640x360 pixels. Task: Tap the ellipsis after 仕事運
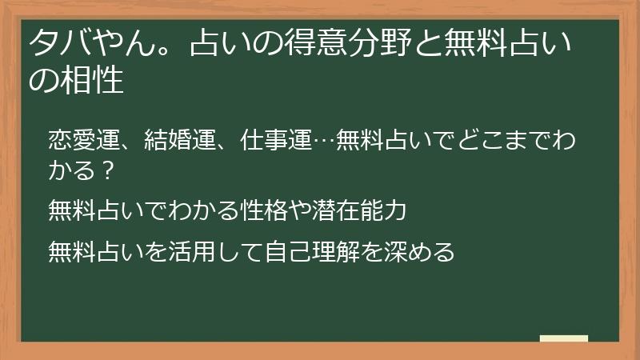click(324, 142)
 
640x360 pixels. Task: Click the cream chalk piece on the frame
click(563, 338)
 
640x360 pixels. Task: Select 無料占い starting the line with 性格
click(95, 211)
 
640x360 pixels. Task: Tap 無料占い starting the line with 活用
click(95, 250)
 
